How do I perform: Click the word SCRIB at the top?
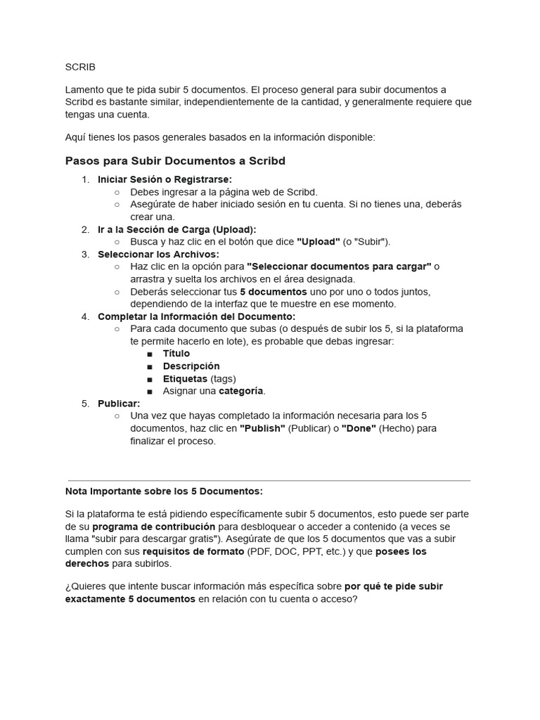[79, 67]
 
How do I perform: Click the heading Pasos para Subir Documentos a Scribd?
[175, 161]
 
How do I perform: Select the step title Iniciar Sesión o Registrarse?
[165, 179]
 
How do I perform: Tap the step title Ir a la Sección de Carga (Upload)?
[176, 229]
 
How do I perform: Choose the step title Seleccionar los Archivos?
[158, 254]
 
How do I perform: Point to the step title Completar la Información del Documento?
[196, 316]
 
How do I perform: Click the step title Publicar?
[119, 404]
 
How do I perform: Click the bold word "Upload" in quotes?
[319, 242]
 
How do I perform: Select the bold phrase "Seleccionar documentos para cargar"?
[339, 266]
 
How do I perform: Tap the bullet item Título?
[176, 354]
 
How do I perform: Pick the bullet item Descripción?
[191, 366]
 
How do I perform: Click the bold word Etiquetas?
[185, 379]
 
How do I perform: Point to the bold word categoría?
[241, 391]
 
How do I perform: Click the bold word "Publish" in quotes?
[262, 428]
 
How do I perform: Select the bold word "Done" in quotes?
[359, 428]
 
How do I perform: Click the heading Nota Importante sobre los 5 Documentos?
[164, 491]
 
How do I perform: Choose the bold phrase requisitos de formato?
[193, 551]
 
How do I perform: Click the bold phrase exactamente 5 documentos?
[130, 599]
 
